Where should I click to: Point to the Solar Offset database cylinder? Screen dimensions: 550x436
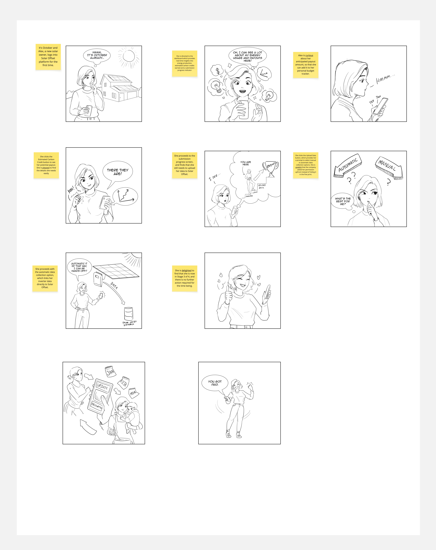tap(128, 313)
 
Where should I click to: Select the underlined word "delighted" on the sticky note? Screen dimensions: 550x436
tap(186, 270)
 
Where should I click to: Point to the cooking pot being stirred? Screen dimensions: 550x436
tap(122, 441)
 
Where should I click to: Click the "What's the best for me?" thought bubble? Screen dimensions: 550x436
tap(343, 201)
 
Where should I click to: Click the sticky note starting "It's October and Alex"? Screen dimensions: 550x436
tap(48, 57)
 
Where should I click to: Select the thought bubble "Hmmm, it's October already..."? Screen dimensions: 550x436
tap(97, 55)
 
